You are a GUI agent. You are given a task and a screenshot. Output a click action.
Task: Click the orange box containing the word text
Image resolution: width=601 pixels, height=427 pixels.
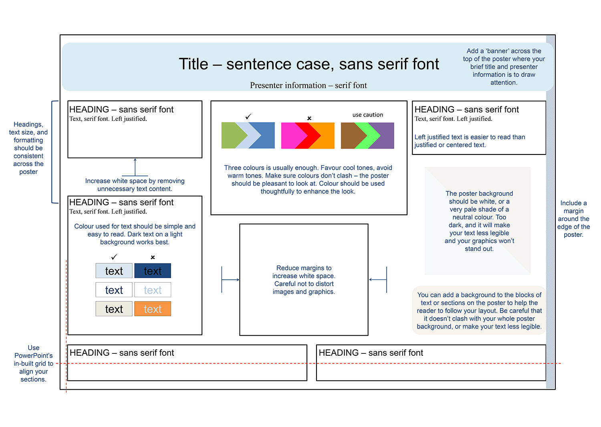click(x=153, y=309)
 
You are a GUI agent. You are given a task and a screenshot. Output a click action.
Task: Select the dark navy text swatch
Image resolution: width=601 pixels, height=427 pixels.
click(x=153, y=271)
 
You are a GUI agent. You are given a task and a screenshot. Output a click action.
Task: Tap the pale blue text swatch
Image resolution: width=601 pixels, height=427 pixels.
click(x=114, y=271)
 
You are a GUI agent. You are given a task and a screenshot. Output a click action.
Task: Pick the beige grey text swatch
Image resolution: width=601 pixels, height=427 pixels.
click(x=114, y=309)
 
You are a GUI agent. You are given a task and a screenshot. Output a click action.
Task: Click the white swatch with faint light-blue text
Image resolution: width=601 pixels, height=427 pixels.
click(x=153, y=290)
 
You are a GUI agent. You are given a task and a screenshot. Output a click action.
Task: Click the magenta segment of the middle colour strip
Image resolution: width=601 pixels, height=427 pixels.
click(x=288, y=136)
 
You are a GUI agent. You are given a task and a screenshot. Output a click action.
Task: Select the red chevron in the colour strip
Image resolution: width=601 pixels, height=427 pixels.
click(x=311, y=136)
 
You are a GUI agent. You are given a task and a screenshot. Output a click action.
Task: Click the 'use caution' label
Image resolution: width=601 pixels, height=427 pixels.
click(x=368, y=115)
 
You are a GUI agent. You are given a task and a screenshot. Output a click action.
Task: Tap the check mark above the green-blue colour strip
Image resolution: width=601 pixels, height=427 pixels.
click(x=248, y=116)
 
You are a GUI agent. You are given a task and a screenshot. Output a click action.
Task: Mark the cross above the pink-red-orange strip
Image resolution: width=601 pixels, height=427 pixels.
click(x=309, y=118)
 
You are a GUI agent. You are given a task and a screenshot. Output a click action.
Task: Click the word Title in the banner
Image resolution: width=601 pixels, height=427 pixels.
click(x=194, y=64)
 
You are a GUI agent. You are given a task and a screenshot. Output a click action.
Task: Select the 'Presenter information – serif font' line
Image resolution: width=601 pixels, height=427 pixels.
click(x=309, y=85)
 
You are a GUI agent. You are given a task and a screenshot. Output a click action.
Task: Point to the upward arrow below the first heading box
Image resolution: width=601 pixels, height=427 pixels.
click(x=135, y=166)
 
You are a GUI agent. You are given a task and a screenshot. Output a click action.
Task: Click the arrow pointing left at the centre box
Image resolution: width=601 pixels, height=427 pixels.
click(x=377, y=280)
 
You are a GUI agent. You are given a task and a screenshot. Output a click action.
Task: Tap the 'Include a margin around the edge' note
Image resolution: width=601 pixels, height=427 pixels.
click(x=573, y=219)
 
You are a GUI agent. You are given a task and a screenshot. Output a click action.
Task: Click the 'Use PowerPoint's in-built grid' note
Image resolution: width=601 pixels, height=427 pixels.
click(x=34, y=363)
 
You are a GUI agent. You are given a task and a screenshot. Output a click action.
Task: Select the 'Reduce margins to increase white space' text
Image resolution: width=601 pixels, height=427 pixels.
click(x=304, y=280)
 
